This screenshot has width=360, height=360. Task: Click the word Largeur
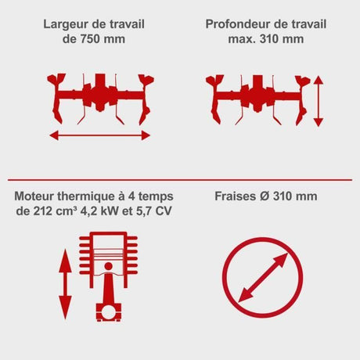tap(66, 24)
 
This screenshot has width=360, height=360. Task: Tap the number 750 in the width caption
tap(90, 39)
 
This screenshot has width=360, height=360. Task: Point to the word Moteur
tap(34, 196)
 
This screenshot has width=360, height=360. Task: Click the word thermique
tap(86, 196)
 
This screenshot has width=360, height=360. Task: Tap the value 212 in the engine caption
tap(43, 211)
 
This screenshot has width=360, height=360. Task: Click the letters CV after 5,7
tap(164, 211)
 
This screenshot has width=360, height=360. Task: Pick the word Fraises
tap(236, 196)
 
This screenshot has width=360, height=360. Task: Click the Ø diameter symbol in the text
tap(265, 196)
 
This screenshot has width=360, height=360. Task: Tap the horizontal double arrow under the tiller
tap(100, 135)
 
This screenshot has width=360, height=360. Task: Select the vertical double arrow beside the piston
tap(65, 284)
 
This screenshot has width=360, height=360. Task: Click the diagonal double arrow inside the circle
tap(263, 278)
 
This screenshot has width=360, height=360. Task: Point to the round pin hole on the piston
tap(109, 266)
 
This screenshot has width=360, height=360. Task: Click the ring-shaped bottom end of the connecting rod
tap(109, 312)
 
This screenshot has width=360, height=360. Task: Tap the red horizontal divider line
tap(180, 180)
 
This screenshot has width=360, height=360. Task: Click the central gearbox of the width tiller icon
tap(100, 92)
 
